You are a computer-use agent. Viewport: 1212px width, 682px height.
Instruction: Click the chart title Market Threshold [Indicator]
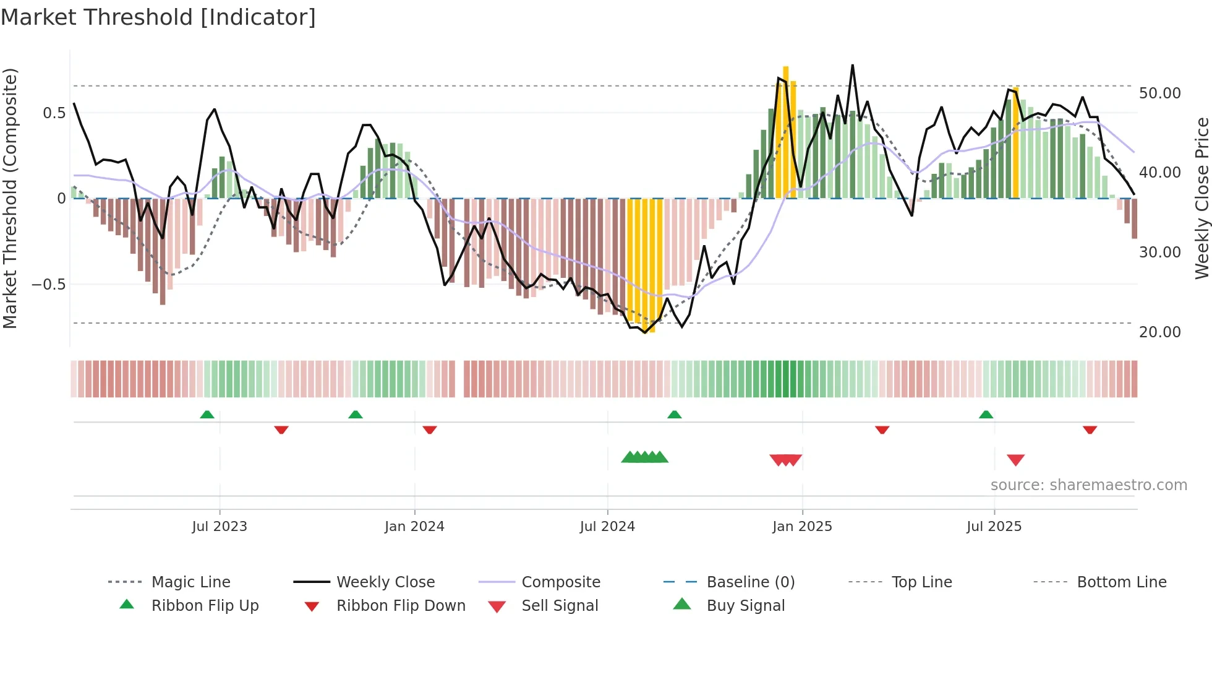pos(158,17)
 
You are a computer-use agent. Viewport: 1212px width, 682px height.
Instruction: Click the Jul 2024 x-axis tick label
pos(607,526)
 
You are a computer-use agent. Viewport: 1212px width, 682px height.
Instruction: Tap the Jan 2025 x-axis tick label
pos(802,526)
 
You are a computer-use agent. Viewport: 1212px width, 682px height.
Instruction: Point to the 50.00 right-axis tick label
pos(1159,93)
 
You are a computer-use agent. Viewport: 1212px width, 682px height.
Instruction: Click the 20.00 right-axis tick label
pos(1159,332)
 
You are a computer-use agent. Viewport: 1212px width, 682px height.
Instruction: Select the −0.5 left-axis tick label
pos(48,284)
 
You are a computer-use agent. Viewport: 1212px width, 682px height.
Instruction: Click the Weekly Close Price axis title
pos(1201,198)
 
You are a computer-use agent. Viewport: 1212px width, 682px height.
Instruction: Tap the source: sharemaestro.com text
pos(1088,485)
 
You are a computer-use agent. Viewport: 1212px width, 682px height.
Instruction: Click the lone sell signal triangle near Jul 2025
pos(1015,460)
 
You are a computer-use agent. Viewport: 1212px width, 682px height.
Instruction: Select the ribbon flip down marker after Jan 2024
pos(430,429)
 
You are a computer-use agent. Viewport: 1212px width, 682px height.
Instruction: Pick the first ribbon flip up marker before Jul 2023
pos(207,415)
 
